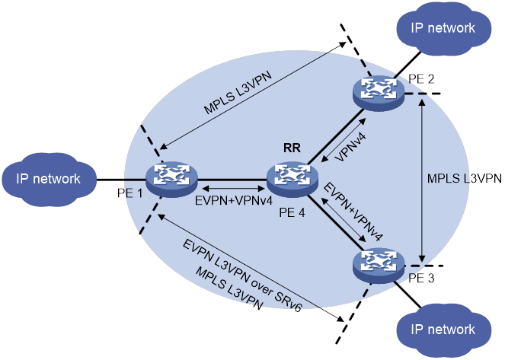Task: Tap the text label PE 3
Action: point(421,276)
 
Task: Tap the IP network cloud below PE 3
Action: point(443,330)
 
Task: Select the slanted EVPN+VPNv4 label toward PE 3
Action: point(353,210)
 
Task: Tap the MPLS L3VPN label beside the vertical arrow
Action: point(464,178)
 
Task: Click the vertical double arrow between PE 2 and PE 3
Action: point(423,178)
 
